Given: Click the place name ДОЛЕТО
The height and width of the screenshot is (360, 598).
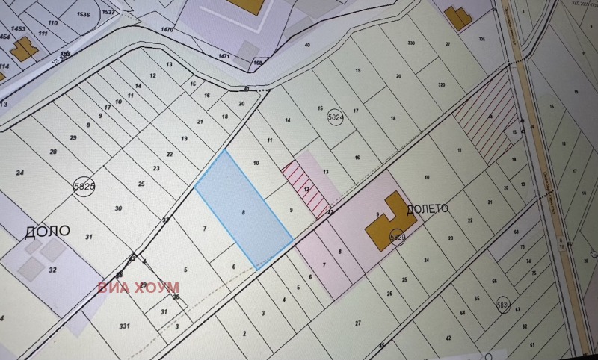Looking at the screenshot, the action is [x=428, y=209].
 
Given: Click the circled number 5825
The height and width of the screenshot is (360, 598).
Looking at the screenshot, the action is [x=84, y=187].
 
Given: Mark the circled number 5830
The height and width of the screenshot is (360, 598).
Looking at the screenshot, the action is [x=503, y=305].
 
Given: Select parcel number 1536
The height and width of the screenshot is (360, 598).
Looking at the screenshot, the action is [x=83, y=14].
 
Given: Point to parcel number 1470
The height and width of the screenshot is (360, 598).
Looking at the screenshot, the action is [x=167, y=29].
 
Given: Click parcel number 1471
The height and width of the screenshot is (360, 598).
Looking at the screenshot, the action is [x=224, y=56].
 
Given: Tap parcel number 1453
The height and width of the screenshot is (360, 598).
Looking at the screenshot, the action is [x=18, y=28].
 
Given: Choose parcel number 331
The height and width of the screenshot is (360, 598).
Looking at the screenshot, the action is [x=124, y=326].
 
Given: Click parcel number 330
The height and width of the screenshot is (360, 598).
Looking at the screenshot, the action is [x=410, y=43].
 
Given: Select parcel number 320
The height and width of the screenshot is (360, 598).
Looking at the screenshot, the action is [x=440, y=85].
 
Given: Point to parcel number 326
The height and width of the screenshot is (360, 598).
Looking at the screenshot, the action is [x=481, y=39].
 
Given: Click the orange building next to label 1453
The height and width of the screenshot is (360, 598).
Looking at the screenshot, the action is [x=22, y=49].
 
